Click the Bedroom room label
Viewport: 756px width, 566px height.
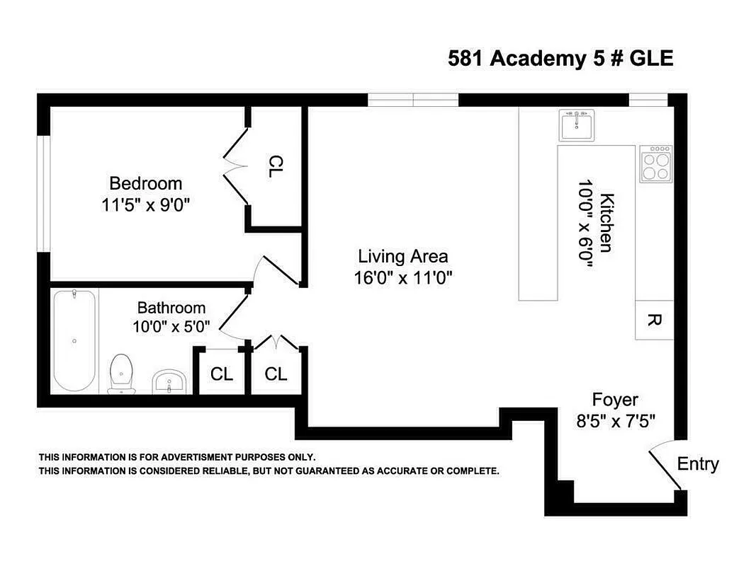[x=145, y=184]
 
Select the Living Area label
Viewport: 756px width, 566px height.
[x=402, y=256]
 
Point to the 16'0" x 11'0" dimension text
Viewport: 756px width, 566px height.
[x=403, y=278]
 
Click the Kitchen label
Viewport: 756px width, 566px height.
[x=607, y=222]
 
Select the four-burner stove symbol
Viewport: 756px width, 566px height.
[x=655, y=164]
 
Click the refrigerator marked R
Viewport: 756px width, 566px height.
[x=654, y=320]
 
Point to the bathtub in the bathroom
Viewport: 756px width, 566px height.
[x=74, y=340]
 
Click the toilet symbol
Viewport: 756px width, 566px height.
[x=123, y=373]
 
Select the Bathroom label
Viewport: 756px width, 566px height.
[x=171, y=308]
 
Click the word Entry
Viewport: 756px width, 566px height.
[x=698, y=464]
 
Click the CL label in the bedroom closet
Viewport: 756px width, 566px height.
[x=276, y=166]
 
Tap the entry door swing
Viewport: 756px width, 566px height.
[x=666, y=467]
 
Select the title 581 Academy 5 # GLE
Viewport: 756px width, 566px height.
[x=560, y=59]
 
